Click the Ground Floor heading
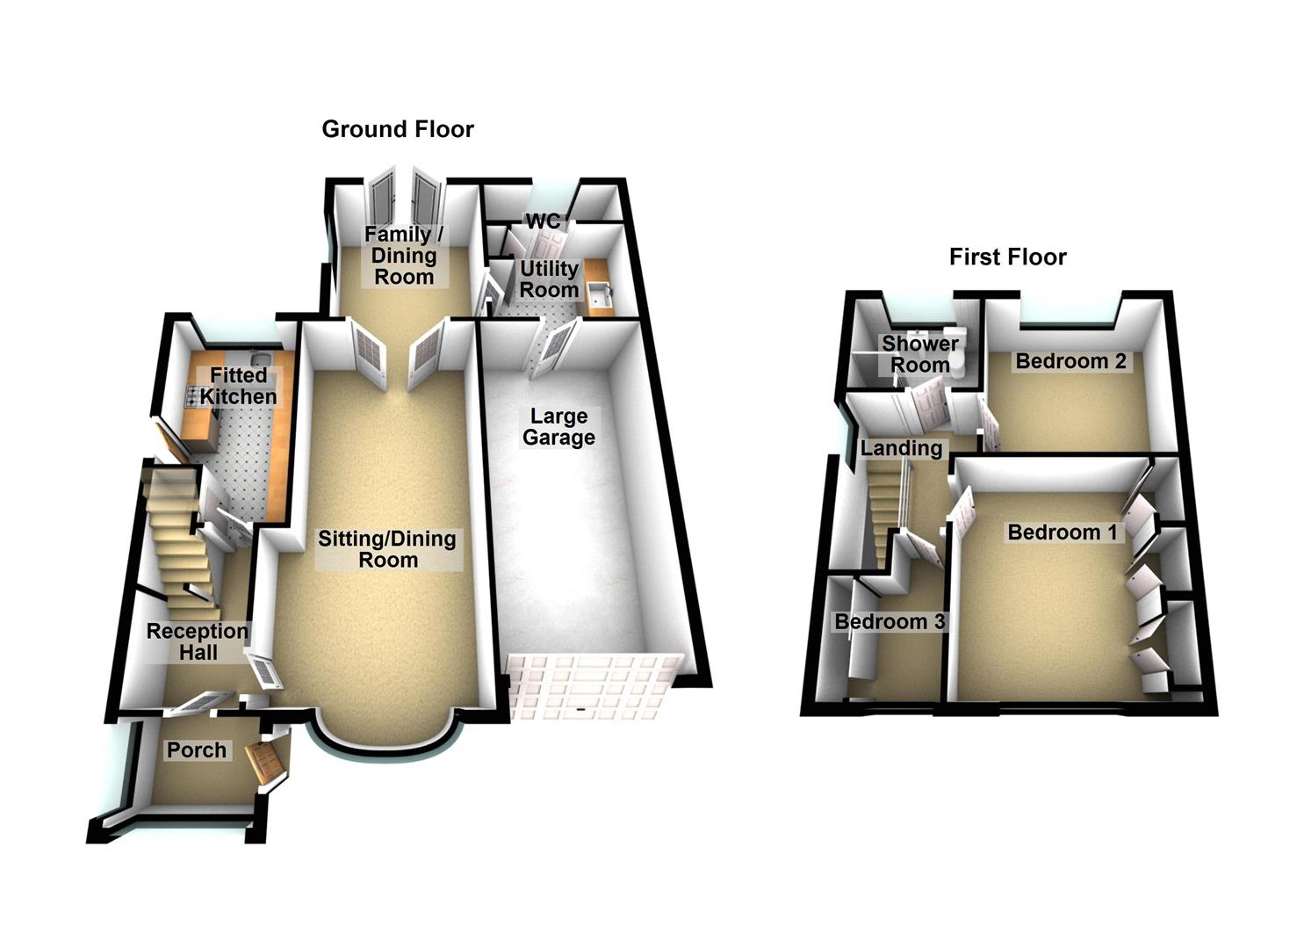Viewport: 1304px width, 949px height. [x=398, y=129]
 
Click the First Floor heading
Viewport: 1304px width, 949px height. [x=1007, y=257]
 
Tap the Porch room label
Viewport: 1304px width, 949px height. [x=197, y=750]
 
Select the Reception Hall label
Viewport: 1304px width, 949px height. [x=198, y=642]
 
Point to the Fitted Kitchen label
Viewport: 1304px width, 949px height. [x=238, y=386]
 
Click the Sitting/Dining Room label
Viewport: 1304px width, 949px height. [x=387, y=549]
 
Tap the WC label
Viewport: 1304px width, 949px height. [x=543, y=221]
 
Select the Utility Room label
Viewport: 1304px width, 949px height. [x=549, y=279]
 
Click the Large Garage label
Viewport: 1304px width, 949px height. [x=558, y=427]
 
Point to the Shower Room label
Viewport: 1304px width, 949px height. [x=920, y=354]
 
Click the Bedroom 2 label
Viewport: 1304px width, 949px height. [x=1070, y=361]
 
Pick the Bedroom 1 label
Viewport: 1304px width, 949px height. [x=1062, y=532]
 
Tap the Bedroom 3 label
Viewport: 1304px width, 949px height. [x=890, y=622]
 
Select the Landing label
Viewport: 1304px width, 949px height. [x=901, y=448]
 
